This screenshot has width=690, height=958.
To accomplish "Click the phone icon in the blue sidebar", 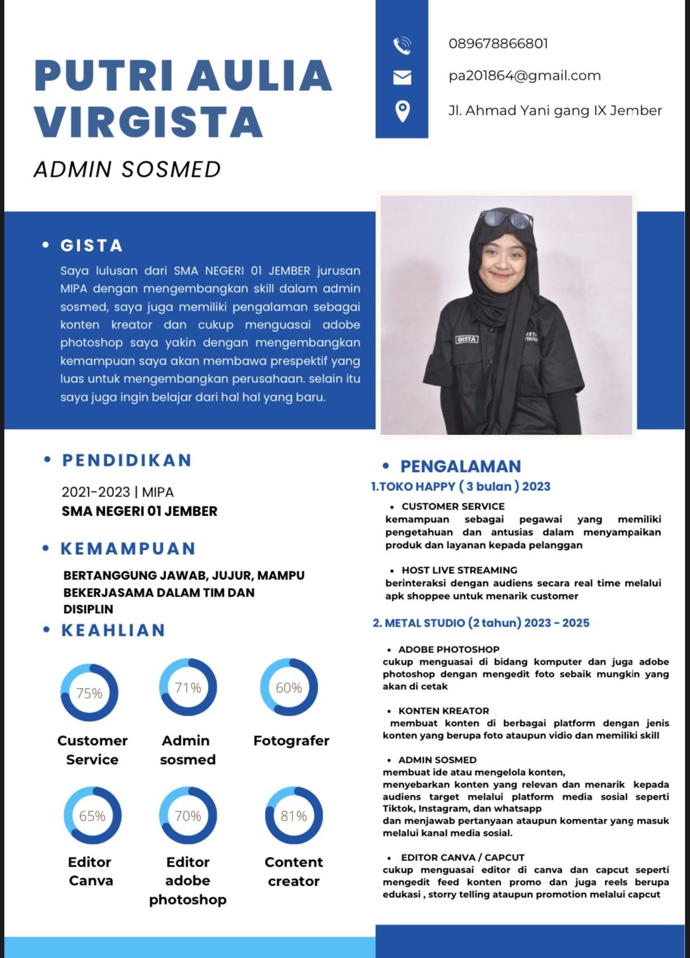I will coord(402,45).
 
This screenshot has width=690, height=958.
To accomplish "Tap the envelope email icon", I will coord(402,77).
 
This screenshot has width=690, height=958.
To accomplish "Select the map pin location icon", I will coord(402,111).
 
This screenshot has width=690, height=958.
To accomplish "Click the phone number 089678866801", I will coord(498,44).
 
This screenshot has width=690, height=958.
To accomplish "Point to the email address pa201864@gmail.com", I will coord(524,76).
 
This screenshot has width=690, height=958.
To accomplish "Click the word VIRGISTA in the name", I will coord(148,121).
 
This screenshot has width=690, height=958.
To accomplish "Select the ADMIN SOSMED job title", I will coord(128,169).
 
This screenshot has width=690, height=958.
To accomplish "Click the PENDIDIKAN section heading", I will coord(127,460).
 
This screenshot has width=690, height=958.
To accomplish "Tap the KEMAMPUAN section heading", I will coord(128,549).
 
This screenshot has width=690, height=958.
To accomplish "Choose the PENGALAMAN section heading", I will coord(460,466).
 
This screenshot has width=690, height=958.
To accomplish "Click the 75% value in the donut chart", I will coord(90,693).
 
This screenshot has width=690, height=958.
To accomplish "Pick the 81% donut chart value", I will coord(294,816).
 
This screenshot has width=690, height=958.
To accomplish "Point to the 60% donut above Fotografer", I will coord(289,688).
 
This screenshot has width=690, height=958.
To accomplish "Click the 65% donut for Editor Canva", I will coord(92,816).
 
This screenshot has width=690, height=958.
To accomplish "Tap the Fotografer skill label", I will coord(291,741).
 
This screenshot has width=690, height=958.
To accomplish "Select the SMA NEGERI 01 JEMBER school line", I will coord(139,511).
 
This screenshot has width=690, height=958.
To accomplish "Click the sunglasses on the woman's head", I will coord(507,218).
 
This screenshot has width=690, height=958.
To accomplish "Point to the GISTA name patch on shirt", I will coord(467,339).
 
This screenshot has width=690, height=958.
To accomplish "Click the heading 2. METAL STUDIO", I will coord(481,623).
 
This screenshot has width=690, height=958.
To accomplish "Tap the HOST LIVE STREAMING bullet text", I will coord(459,570).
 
